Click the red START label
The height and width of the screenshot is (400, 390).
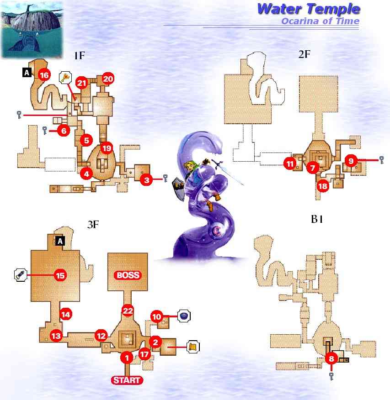pyautogui.click(x=128, y=380)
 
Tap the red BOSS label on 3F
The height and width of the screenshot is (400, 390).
pyautogui.click(x=128, y=275)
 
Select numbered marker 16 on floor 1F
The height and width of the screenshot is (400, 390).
pyautogui.click(x=44, y=75)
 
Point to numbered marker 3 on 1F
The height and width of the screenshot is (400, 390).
pyautogui.click(x=146, y=180)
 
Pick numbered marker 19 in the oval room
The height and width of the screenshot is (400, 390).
pyautogui.click(x=106, y=148)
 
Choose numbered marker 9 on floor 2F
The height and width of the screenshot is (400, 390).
pyautogui.click(x=351, y=160)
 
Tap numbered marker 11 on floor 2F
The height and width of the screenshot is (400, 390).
pyautogui.click(x=289, y=163)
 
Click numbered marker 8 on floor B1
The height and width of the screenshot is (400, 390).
pyautogui.click(x=332, y=358)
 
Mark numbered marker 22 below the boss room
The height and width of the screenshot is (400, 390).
pyautogui.click(x=128, y=311)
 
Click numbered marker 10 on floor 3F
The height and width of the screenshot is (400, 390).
pyautogui.click(x=157, y=316)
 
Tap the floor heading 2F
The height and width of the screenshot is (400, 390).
pyautogui.click(x=304, y=55)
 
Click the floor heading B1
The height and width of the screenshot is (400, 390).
pyautogui.click(x=317, y=219)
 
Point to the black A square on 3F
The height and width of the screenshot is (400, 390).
pyautogui.click(x=59, y=242)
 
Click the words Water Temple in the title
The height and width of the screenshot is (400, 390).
pyautogui.click(x=308, y=9)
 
